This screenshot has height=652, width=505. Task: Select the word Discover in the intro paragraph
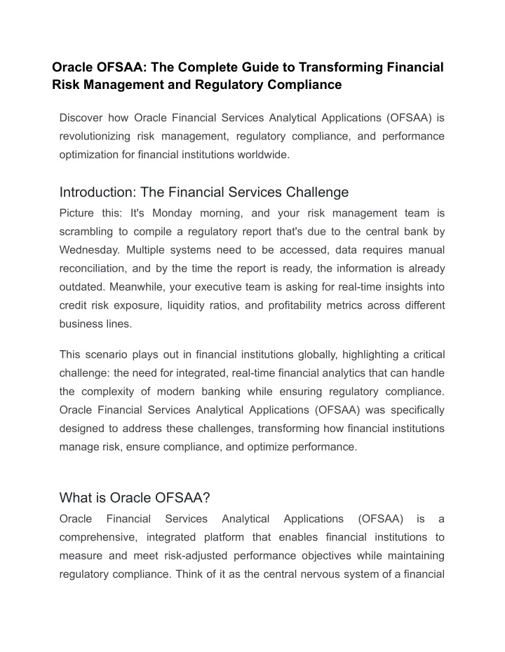pos(82,117)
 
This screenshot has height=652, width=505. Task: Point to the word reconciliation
pos(95,269)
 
